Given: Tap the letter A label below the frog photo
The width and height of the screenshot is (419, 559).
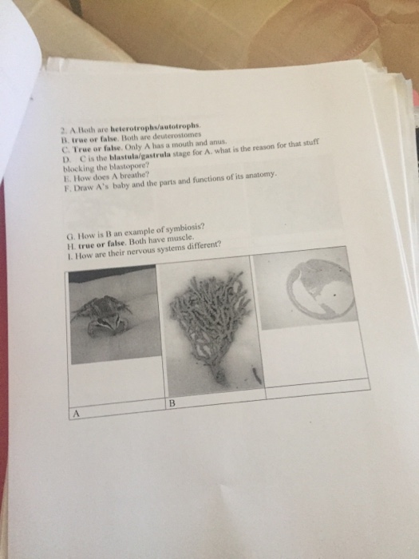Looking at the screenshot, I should (77, 414).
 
